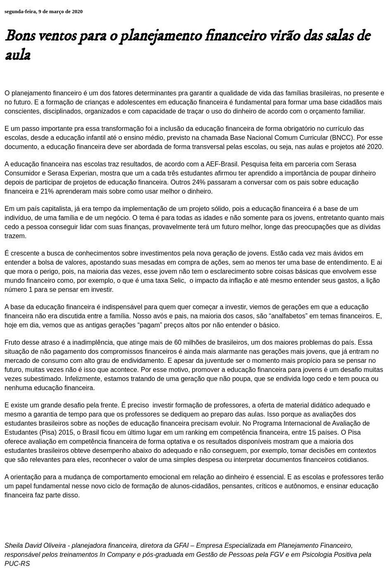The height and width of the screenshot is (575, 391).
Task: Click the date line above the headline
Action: (x=43, y=12)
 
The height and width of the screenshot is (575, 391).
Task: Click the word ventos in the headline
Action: (x=57, y=36)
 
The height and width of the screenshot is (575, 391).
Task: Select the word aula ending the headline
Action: (x=18, y=55)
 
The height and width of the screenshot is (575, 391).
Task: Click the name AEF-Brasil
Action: (x=221, y=164)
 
